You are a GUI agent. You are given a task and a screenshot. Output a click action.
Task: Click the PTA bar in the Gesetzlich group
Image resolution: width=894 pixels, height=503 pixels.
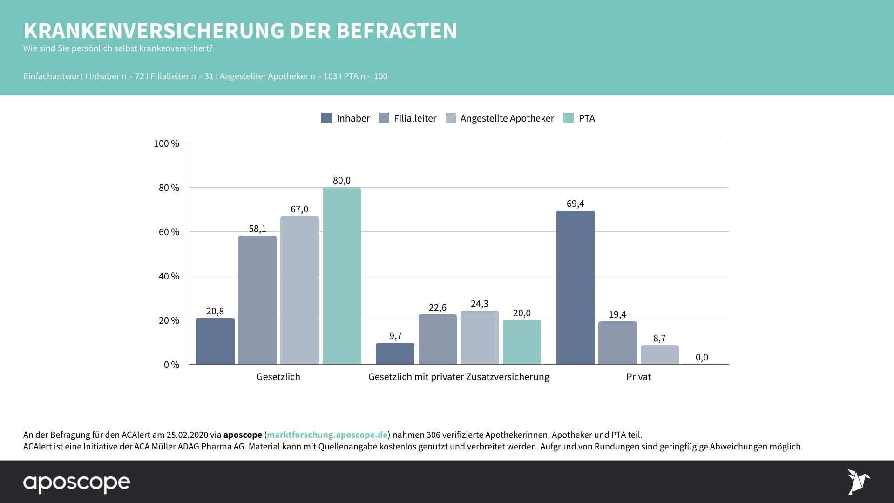(341, 276)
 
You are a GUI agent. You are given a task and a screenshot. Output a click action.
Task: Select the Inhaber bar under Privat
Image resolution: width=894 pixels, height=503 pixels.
(575, 287)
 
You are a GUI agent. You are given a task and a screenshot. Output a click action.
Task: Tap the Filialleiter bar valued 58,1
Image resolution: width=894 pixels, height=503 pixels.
(257, 300)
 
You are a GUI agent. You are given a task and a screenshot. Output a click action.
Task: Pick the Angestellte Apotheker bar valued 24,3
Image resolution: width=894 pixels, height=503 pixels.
(479, 337)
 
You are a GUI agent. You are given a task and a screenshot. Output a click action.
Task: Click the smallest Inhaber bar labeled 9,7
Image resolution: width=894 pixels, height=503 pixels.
(395, 353)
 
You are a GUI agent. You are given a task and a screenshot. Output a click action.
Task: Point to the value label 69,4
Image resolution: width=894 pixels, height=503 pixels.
(575, 204)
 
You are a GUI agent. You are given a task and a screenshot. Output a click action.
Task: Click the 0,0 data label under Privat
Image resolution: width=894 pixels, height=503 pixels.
(702, 357)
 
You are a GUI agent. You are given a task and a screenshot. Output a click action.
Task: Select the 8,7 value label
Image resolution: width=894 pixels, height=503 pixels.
(659, 338)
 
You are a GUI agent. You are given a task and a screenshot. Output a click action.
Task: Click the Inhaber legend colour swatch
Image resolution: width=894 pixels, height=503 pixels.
(326, 118)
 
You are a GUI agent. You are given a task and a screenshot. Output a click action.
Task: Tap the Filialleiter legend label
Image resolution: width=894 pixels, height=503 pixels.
(415, 118)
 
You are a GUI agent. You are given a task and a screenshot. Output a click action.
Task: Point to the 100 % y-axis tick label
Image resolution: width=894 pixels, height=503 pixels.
(166, 143)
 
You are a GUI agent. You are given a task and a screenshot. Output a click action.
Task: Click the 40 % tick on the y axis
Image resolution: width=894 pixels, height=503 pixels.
(169, 276)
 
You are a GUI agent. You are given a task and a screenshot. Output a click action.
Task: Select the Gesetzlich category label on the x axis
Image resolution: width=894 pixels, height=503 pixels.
(278, 377)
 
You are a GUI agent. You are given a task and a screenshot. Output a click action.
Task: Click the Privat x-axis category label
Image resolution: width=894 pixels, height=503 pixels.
(638, 377)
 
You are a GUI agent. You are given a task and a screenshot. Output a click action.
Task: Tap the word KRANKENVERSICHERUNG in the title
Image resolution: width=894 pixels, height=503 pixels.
(154, 31)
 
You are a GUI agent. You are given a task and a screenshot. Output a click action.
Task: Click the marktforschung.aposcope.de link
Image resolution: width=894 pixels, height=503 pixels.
(327, 435)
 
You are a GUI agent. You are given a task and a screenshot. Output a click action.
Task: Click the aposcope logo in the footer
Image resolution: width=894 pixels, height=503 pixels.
(77, 483)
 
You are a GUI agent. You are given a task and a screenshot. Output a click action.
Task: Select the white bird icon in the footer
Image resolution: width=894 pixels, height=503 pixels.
(858, 482)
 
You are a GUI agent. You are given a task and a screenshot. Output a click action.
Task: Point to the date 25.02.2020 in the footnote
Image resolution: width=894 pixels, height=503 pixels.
(187, 435)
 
